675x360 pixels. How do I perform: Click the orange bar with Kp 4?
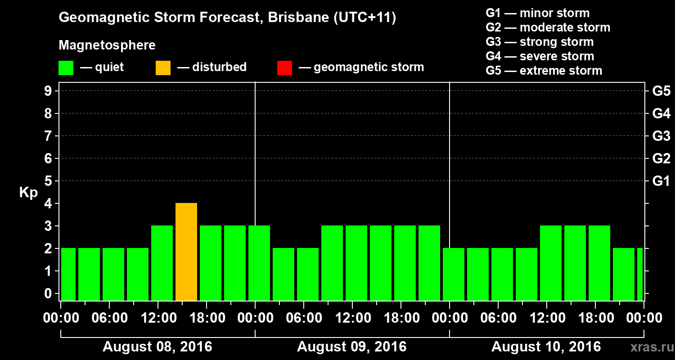click(x=186, y=252)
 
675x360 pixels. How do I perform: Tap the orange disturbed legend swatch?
click(x=163, y=67)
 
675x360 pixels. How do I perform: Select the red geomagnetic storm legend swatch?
click(x=284, y=67)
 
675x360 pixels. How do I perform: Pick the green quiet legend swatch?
click(x=66, y=67)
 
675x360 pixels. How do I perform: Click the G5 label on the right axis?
click(x=661, y=91)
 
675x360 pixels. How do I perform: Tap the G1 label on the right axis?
click(x=661, y=181)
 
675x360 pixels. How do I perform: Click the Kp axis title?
click(x=28, y=193)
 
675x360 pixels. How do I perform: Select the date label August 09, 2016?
click(x=351, y=347)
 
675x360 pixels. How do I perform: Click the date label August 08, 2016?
click(x=157, y=347)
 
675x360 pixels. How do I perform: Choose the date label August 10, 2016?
click(x=546, y=347)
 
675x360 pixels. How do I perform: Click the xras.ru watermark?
click(x=649, y=347)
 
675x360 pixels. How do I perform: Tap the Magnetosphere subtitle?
click(x=107, y=45)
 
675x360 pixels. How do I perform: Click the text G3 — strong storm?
click(x=540, y=42)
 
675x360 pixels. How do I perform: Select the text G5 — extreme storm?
click(x=544, y=71)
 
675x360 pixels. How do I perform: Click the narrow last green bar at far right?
click(x=639, y=274)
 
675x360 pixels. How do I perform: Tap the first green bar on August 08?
click(x=68, y=274)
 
